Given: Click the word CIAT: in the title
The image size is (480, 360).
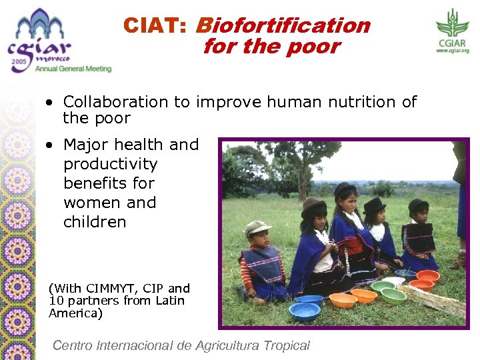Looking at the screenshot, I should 156,25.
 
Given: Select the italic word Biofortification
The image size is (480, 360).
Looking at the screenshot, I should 283,25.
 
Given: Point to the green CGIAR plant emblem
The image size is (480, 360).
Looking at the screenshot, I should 453,23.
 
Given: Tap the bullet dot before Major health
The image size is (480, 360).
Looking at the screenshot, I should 51,145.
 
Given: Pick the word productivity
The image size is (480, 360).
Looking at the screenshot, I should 110,164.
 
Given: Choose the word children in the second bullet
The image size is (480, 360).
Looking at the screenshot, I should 95,222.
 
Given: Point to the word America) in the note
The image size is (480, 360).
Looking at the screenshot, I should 75,313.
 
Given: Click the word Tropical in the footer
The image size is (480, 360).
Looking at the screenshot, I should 283,345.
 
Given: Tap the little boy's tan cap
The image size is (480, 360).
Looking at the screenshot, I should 257,229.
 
